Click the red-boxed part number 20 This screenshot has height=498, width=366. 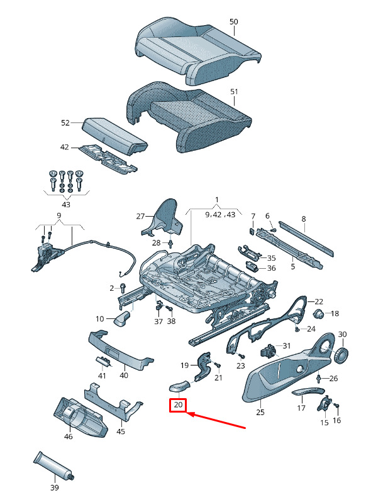click(x=178, y=404)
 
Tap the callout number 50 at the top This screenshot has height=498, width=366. click(x=234, y=21)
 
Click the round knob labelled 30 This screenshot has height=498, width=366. click(x=342, y=355)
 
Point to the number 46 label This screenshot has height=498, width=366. click(x=69, y=436)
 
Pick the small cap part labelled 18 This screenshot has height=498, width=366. click(x=318, y=313)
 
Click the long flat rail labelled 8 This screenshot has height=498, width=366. click(x=306, y=238)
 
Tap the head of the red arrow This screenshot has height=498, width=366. click(x=188, y=413)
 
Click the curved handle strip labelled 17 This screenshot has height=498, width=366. click(x=308, y=391)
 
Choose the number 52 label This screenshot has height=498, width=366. click(x=65, y=122)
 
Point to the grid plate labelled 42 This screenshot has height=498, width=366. click(x=108, y=158)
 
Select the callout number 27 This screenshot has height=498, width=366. click(x=140, y=216)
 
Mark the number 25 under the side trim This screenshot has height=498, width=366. click(x=260, y=412)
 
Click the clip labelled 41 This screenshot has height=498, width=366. click(x=104, y=362)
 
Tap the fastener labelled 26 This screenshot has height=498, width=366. click(x=319, y=378)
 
